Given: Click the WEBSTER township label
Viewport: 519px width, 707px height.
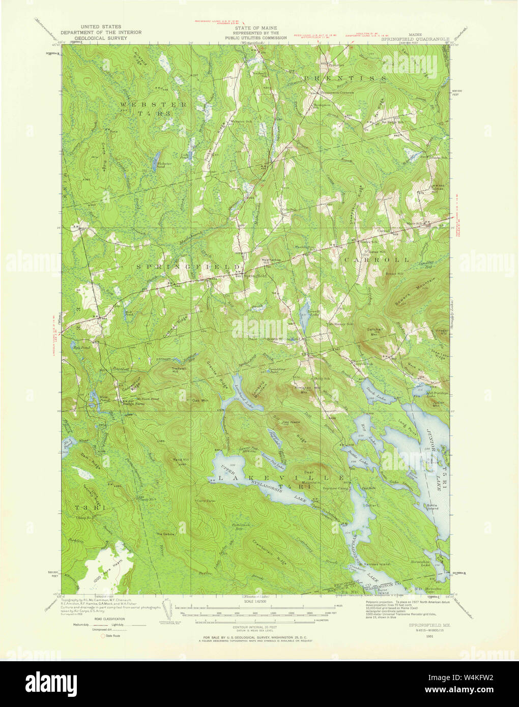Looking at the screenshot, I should pyautogui.click(x=139, y=104).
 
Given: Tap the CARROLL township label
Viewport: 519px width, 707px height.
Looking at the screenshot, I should pyautogui.click(x=377, y=259).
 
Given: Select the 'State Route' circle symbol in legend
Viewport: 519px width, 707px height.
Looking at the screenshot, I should pyautogui.click(x=103, y=636).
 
